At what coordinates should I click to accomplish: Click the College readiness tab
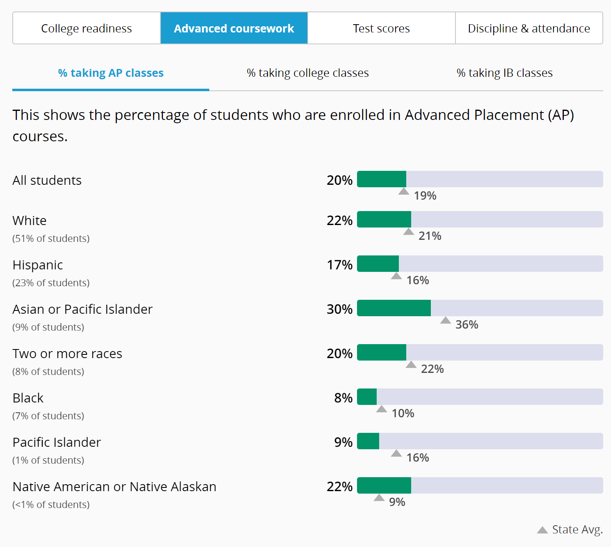[x=87, y=28]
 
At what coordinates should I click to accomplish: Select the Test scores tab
[x=381, y=28]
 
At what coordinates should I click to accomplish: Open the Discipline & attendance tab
[x=529, y=28]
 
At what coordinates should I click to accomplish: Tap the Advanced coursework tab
[x=234, y=28]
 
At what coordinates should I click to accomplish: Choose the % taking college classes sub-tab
[x=308, y=73]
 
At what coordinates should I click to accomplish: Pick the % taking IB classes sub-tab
[x=504, y=73]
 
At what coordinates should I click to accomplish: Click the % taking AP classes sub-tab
[x=111, y=73]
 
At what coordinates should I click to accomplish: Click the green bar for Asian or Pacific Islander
[x=394, y=308]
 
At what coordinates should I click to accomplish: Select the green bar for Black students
[x=367, y=397]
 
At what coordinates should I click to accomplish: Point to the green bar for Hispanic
[x=378, y=264]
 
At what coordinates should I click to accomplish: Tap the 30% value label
[x=339, y=309]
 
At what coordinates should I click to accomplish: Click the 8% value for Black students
[x=343, y=398]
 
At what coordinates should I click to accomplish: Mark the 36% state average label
[x=467, y=325]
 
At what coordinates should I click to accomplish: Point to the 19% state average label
[x=425, y=196]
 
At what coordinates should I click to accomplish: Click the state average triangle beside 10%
[x=382, y=409]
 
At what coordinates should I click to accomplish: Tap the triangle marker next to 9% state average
[x=379, y=498]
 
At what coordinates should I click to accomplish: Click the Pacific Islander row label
[x=57, y=442]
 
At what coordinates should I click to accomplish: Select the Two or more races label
[x=67, y=354]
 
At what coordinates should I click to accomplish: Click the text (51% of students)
[x=51, y=239]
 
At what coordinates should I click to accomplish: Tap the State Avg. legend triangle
[x=542, y=530]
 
